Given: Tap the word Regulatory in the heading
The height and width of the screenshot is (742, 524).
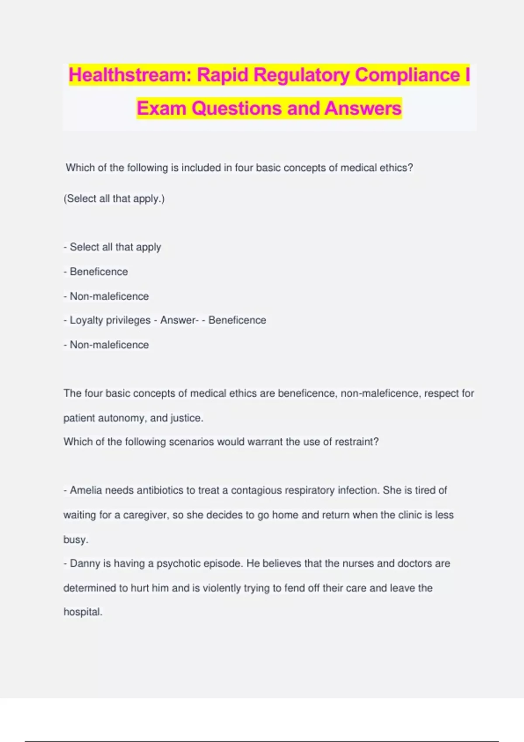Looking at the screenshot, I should [x=301, y=75].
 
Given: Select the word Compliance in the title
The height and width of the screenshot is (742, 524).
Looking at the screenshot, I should [x=407, y=75].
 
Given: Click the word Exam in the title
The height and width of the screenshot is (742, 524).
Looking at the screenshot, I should [x=161, y=108].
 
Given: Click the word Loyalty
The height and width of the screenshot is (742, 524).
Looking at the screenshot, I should [x=86, y=320].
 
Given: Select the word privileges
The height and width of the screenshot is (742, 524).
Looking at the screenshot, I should [x=128, y=320].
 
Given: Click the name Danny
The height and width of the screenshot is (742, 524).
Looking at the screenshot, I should [x=85, y=563].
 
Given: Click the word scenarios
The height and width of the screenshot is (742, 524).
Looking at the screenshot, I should [x=192, y=442].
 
